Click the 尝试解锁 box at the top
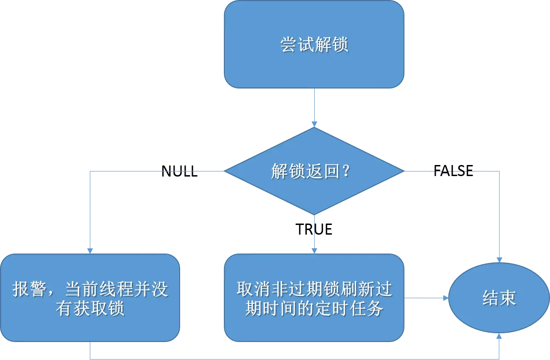(314, 44)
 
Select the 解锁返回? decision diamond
(314, 171)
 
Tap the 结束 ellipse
(499, 298)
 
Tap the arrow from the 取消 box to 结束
(426, 298)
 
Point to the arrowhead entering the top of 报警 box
(90, 250)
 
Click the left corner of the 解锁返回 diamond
(226, 171)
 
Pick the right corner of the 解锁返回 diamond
(403, 171)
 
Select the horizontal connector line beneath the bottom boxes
(295, 358)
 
